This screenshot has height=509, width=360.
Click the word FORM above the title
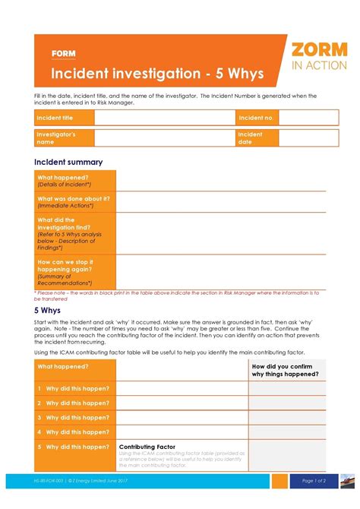pos(63,54)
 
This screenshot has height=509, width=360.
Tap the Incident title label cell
pos(64,118)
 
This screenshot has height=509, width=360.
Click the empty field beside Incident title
pos(164,118)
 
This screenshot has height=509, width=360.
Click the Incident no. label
pos(257,118)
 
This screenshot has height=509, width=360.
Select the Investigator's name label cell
pos(64,138)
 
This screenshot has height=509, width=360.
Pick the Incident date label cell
pos(257,138)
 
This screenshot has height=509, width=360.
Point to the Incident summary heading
pos(68,162)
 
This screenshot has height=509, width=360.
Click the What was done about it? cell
pos(74,201)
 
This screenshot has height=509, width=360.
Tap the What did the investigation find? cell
pos(74,232)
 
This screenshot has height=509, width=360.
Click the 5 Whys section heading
pos(48,311)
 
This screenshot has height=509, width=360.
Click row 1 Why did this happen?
pos(74,388)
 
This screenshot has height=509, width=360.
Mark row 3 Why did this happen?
pos(74,417)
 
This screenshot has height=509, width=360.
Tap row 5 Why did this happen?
pos(74,447)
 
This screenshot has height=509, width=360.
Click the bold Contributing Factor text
pos(147,447)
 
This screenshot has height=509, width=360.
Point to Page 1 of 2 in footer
pos(314,480)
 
